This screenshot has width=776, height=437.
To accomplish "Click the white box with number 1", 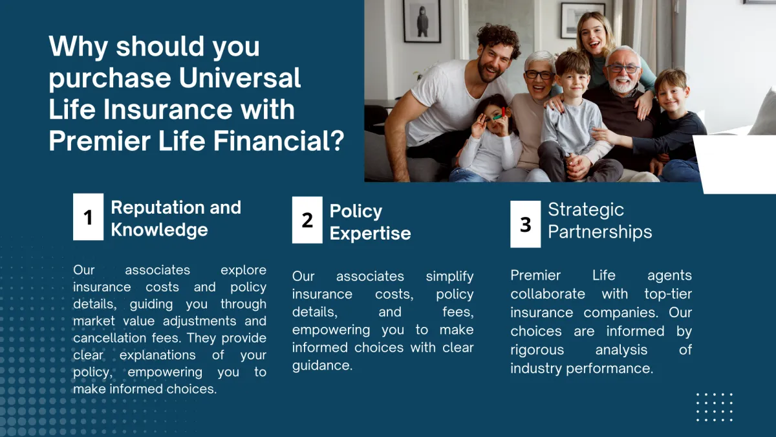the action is click(88, 217).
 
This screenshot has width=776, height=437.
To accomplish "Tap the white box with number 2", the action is click(307, 220).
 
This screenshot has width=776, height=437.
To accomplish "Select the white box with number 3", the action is click(525, 224).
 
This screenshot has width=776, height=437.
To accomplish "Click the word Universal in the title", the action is click(240, 78).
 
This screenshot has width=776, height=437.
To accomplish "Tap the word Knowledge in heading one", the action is click(159, 230).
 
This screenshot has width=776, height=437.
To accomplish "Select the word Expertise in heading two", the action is click(370, 234).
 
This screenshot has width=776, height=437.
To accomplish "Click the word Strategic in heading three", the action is click(586, 210).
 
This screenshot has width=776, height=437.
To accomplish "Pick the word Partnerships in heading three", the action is click(600, 232).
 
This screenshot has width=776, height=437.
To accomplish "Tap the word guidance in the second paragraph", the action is click(322, 366).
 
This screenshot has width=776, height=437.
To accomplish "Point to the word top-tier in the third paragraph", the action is click(668, 295).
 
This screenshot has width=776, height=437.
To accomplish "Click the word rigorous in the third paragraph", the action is click(537, 350).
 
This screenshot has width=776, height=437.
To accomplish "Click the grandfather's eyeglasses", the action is click(623, 69).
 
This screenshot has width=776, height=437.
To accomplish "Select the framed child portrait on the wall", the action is click(422, 21).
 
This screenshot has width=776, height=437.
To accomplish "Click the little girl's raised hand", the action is click(479, 126).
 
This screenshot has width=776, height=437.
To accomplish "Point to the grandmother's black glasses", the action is click(539, 74).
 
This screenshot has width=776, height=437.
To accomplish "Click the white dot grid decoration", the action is click(715, 407).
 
